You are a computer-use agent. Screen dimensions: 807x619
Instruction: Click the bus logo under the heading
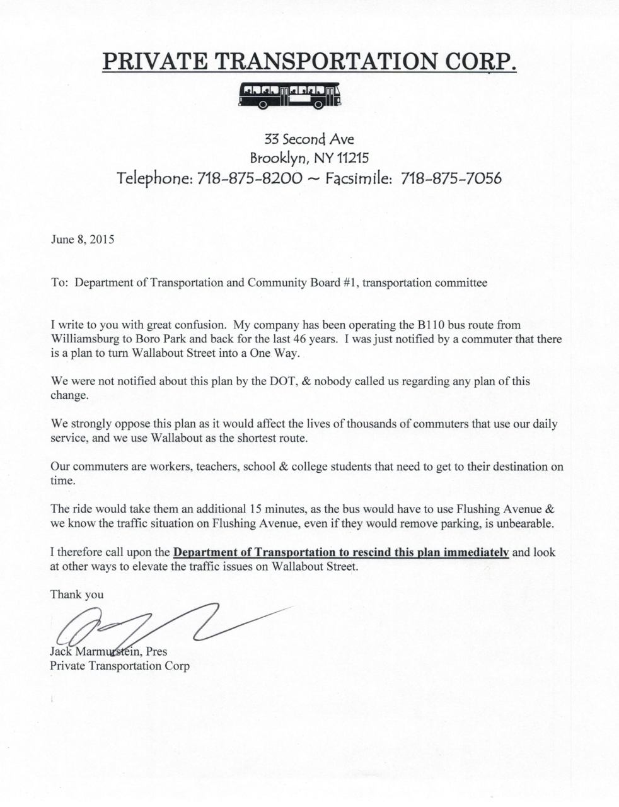291,95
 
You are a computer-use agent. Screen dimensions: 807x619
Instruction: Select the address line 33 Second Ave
309,138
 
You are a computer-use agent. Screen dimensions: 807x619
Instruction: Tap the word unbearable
528,523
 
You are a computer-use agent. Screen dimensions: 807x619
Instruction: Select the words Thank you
77,594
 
